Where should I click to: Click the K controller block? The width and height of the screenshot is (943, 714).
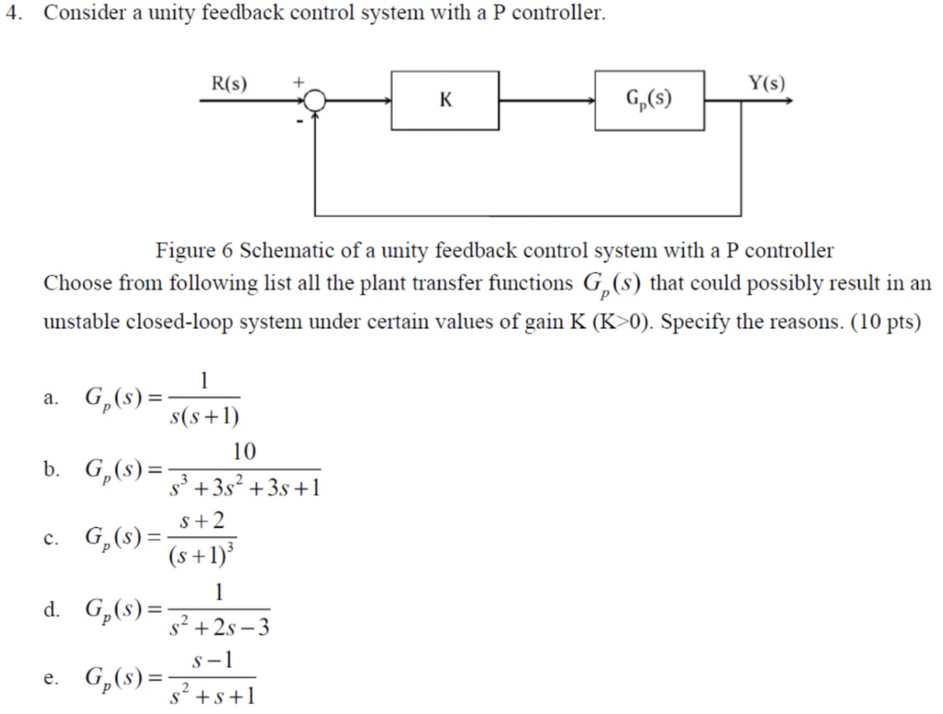[x=445, y=99]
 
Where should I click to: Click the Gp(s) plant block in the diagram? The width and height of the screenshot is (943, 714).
[x=649, y=98]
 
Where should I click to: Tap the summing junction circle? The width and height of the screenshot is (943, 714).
[x=316, y=100]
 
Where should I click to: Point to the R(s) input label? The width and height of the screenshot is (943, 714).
[x=229, y=84]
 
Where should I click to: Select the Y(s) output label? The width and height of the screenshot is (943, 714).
[x=766, y=84]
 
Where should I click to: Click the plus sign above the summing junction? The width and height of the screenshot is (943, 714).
[x=297, y=83]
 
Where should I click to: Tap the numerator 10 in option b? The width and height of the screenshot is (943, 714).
[x=245, y=452]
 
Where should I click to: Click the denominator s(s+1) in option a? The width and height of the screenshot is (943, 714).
[x=204, y=417]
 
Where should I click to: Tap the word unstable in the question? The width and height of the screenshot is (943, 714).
[x=82, y=325]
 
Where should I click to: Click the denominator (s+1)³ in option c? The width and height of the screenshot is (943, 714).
[x=203, y=557]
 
